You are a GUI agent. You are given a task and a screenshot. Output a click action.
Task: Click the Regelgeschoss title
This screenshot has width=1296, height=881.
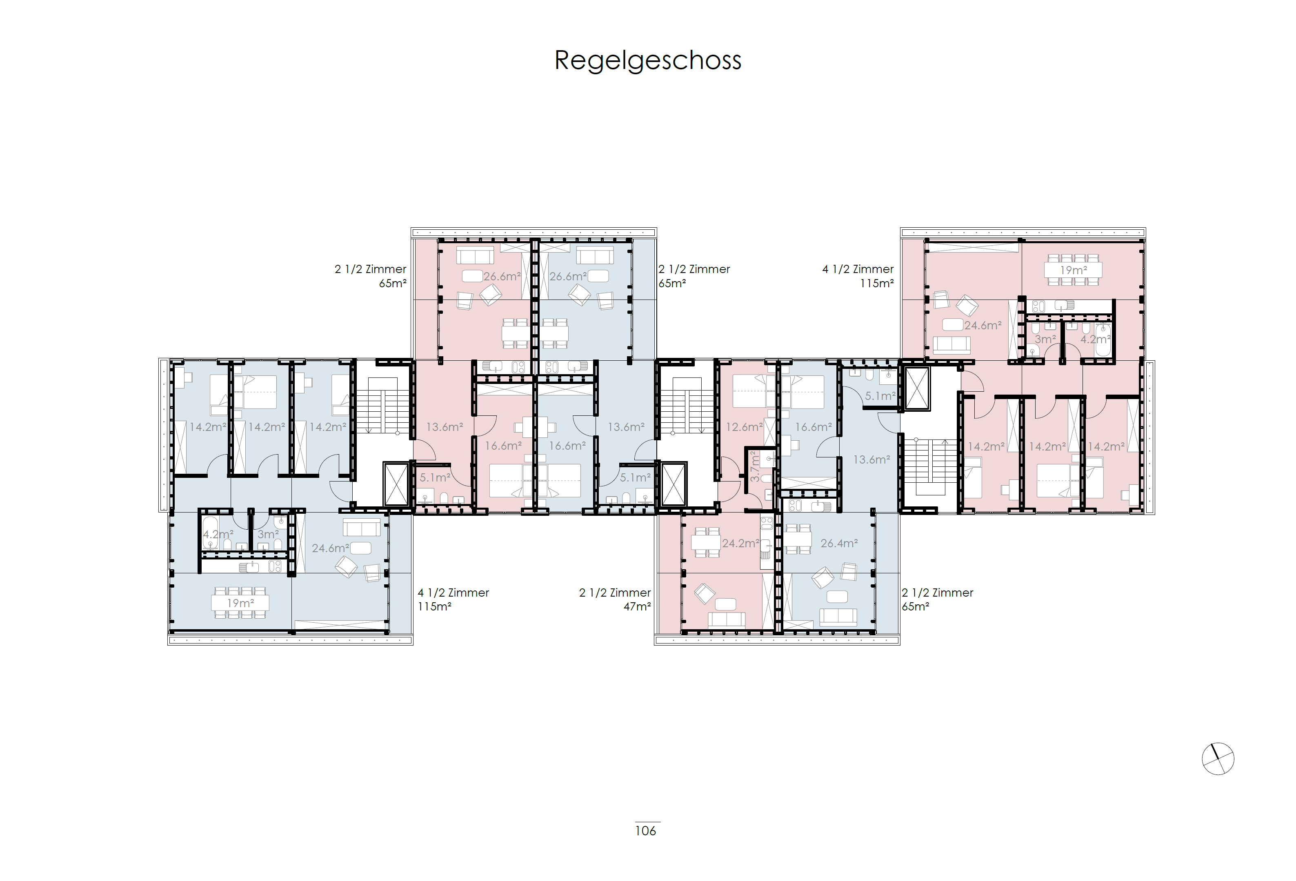(x=647, y=60)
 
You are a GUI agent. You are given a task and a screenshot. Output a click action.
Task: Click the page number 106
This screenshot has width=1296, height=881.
(x=645, y=831)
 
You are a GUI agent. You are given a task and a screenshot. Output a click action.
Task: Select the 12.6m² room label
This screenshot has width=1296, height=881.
(x=743, y=427)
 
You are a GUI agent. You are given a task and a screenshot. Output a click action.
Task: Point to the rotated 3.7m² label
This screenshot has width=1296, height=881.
(x=754, y=466)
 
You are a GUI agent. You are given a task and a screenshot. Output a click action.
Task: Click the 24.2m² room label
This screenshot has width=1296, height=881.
(x=740, y=543)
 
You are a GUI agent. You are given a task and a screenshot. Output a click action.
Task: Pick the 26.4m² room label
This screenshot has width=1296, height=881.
(x=839, y=543)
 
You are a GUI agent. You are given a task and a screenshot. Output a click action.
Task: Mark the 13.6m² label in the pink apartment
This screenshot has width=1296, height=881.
(x=445, y=427)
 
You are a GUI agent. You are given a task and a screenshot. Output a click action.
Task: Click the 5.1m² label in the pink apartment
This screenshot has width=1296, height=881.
(x=434, y=478)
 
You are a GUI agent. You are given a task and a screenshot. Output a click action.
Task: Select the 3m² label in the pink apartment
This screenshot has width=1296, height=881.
(x=1045, y=339)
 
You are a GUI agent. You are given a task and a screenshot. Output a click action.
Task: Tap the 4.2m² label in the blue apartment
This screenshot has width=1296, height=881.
(x=218, y=534)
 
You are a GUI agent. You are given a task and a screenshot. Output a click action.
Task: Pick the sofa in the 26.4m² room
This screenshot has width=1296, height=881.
(x=838, y=616)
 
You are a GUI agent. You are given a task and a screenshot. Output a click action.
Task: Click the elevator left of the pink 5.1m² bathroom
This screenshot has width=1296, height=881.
(x=396, y=484)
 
